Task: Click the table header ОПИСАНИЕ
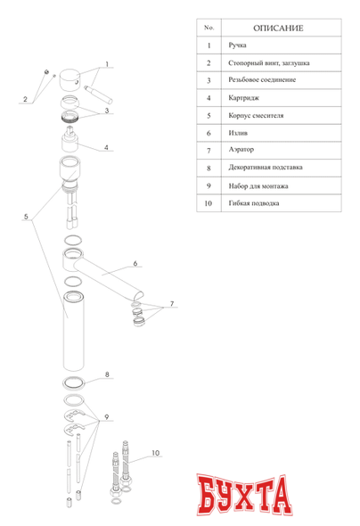[x=278, y=29]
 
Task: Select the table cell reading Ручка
[x=237, y=45]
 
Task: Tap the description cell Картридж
[x=243, y=98]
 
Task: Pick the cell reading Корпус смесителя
[x=256, y=116]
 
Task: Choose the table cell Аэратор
[x=241, y=150]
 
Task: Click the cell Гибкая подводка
[x=254, y=203]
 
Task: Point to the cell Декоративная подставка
[x=266, y=168]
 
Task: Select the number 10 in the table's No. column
[x=209, y=203]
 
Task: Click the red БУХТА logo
[x=244, y=495]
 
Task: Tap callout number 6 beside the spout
[x=135, y=263]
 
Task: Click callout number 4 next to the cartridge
[x=106, y=147]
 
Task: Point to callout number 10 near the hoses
[x=156, y=453]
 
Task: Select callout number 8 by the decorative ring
[x=107, y=374]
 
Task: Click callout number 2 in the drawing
[x=25, y=99]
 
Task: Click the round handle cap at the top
[x=70, y=80]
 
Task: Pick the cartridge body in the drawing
[x=70, y=139]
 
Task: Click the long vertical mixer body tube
[x=74, y=332]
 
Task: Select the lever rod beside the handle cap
[x=98, y=95]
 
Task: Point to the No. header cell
[x=209, y=28]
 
